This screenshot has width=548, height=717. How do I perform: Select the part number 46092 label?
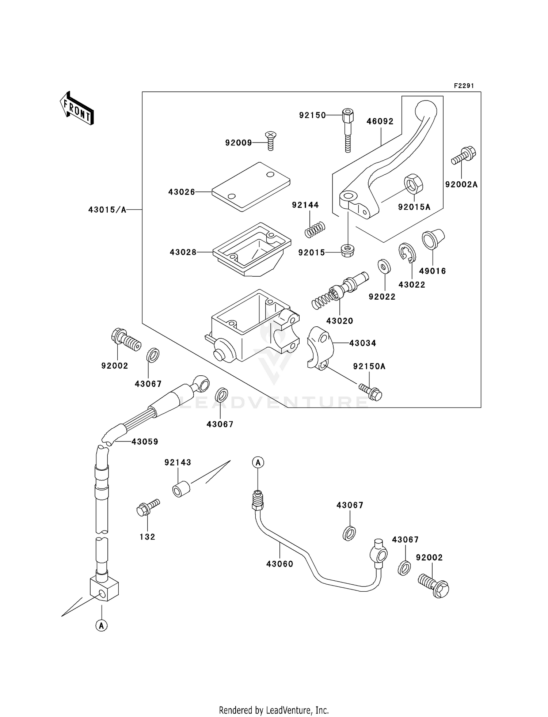(x=380, y=121)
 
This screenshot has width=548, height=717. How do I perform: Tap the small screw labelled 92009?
(x=270, y=141)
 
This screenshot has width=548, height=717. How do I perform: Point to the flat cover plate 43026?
(x=251, y=186)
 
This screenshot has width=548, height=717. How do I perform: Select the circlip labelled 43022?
(x=407, y=253)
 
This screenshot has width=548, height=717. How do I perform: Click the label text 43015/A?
(x=107, y=210)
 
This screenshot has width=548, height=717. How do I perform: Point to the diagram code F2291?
(x=464, y=86)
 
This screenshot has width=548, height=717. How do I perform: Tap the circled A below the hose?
(x=102, y=626)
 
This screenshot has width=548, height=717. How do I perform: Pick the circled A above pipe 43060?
(x=258, y=462)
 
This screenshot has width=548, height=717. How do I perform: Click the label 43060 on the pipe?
(x=279, y=564)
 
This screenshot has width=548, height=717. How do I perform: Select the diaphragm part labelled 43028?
(x=252, y=249)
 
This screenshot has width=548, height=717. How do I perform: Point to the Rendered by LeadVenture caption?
(x=274, y=710)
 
